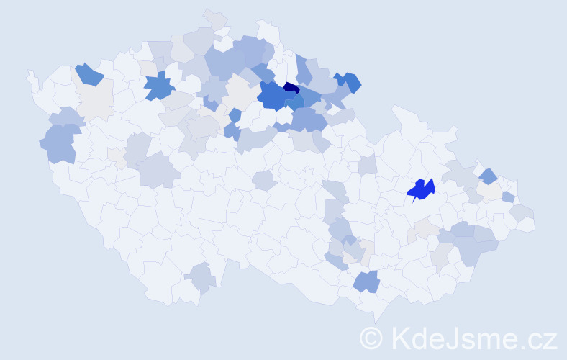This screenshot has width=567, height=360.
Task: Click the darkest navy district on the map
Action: [x=291, y=88]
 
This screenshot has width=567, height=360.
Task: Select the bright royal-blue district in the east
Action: [x=421, y=189]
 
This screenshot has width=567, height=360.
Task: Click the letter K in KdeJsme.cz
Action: [x=401, y=338]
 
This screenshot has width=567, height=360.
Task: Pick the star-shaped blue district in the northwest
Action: [x=159, y=87]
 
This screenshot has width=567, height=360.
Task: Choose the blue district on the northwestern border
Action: [x=89, y=73]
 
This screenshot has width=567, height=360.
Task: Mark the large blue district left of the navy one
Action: [x=271, y=96]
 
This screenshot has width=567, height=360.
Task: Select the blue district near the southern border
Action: [x=366, y=281]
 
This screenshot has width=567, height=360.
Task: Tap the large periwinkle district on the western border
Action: [x=59, y=143]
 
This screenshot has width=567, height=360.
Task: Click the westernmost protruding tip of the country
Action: [x=30, y=75]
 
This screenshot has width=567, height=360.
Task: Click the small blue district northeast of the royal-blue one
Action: [x=488, y=176]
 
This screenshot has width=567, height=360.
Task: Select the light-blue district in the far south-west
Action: [x=201, y=277]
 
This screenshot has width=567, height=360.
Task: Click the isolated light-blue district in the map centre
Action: [x=263, y=180]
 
